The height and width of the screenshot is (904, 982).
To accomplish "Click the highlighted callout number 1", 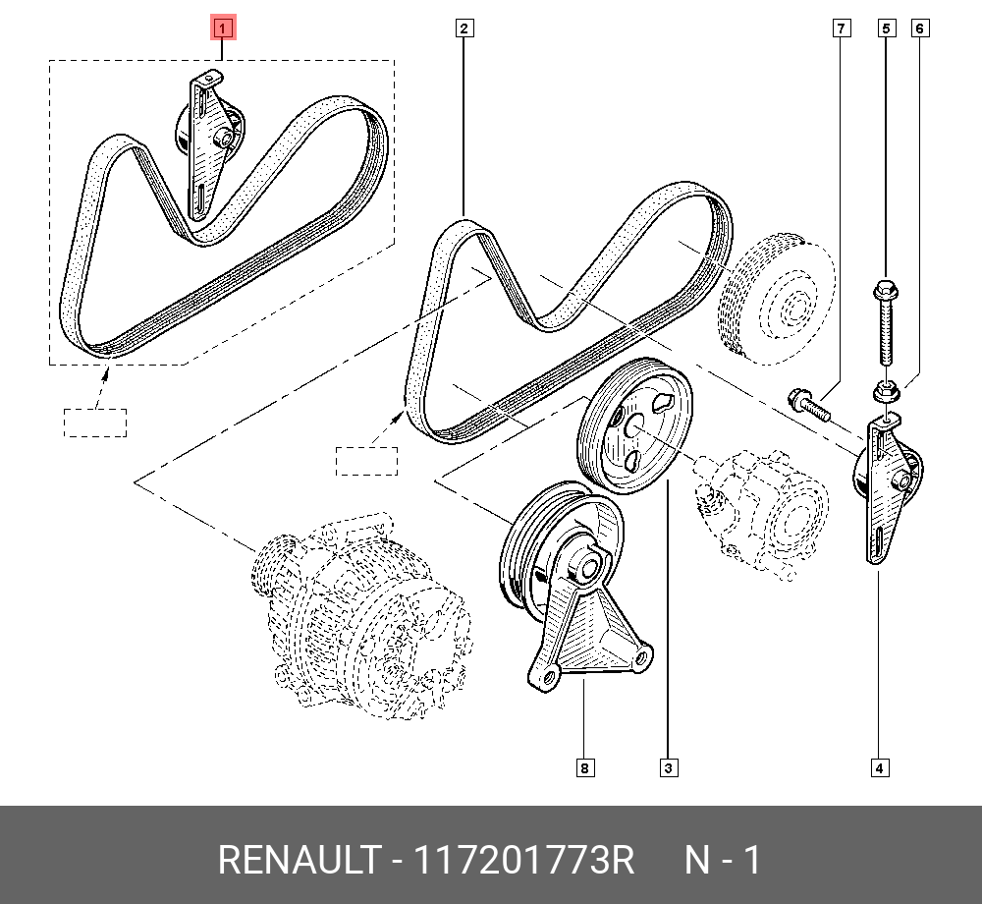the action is click(224, 28).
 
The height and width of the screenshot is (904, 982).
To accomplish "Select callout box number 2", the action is click(464, 28).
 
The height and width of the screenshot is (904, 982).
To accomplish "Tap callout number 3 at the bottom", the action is click(668, 768).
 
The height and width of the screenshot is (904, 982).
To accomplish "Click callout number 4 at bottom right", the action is click(880, 768).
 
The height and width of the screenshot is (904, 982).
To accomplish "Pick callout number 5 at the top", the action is click(886, 28).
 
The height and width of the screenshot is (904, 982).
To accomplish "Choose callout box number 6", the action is click(919, 28).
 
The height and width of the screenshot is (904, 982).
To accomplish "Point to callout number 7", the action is click(842, 28).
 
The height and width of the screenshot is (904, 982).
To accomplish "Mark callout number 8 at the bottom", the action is click(585, 768).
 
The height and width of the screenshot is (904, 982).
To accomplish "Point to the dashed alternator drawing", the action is click(363, 619).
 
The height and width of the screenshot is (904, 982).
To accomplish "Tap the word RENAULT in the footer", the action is click(298, 861).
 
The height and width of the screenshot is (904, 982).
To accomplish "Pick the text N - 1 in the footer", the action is click(722, 861).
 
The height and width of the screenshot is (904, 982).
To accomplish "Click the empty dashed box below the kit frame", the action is click(95, 423).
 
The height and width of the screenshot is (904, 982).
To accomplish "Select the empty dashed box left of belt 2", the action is click(366, 461).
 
